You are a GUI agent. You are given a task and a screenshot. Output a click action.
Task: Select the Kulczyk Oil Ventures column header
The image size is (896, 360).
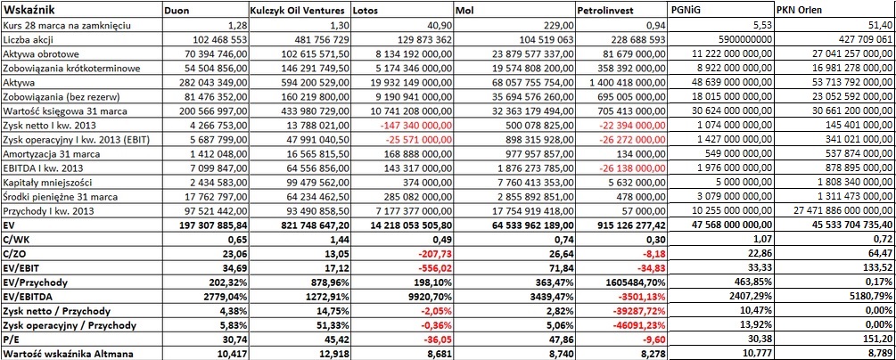[297, 11]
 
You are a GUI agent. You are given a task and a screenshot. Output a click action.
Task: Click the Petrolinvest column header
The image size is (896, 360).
[605, 11]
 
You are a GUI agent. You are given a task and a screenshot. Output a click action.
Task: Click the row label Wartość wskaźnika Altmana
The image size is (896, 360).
[69, 354]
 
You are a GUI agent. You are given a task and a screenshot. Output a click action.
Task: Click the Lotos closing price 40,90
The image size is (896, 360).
[439, 26]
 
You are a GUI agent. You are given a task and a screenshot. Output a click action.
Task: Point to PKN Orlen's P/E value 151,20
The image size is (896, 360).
[877, 340]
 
